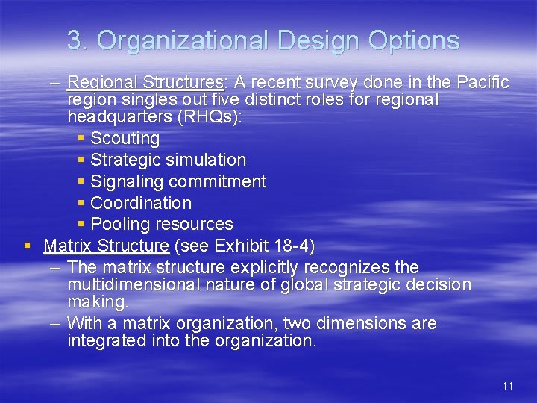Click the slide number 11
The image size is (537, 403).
point(508,386)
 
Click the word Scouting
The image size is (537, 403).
point(125,138)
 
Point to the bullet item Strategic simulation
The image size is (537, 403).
point(168,160)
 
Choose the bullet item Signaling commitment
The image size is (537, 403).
point(178,181)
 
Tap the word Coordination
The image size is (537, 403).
point(140,203)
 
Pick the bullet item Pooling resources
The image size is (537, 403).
point(161,224)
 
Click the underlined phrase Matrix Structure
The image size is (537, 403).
point(106,246)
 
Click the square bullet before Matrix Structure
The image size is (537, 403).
point(27,246)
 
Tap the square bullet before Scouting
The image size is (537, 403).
point(81,138)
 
